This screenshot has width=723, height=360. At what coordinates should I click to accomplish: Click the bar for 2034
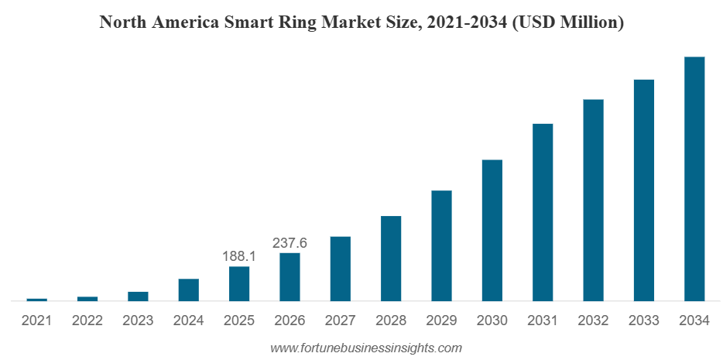coord(694,179)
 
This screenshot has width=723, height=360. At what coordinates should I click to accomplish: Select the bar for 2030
coord(492,231)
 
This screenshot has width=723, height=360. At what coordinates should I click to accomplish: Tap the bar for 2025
coord(239,283)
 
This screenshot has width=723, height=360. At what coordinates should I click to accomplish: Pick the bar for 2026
coord(290,276)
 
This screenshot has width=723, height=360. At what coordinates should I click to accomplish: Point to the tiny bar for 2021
coord(36,300)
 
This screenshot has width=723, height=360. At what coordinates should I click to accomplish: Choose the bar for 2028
coord(391,259)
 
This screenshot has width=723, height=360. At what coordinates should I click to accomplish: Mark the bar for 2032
coord(593,200)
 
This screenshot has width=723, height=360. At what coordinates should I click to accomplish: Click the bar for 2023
coord(138,296)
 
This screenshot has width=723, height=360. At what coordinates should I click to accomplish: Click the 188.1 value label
coord(239,256)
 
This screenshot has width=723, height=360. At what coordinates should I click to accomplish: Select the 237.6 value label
coord(290,243)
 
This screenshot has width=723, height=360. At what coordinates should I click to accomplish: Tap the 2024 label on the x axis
coord(188,320)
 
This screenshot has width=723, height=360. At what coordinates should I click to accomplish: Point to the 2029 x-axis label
coord(441,320)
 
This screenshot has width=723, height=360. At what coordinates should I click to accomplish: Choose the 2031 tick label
coord(543,320)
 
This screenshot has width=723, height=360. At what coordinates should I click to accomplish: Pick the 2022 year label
coord(87,320)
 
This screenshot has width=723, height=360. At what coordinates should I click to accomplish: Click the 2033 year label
coord(644,320)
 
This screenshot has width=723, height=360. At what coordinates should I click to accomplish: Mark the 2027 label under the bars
coord(340,320)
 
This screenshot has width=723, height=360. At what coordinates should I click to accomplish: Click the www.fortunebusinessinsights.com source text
coord(365,348)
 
